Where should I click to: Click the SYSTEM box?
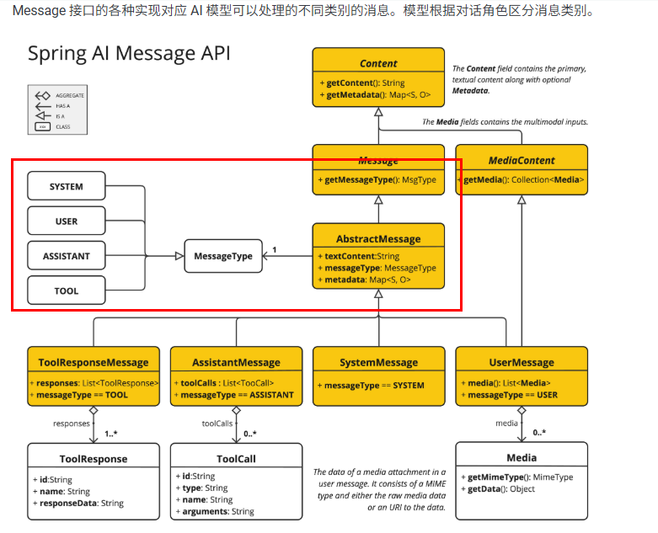click(x=67, y=186)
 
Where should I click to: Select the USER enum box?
click(x=67, y=221)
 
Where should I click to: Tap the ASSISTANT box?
click(x=67, y=256)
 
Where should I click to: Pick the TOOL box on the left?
click(x=67, y=290)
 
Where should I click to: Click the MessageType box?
click(x=222, y=256)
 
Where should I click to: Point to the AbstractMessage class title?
click(x=378, y=238)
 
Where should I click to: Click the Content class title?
click(x=378, y=63)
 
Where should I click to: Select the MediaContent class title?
click(x=522, y=160)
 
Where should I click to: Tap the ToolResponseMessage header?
click(x=94, y=362)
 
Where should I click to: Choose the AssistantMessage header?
click(x=236, y=362)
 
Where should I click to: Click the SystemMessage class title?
click(x=378, y=362)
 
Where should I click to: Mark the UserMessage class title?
click(x=522, y=362)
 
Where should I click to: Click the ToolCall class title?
click(x=236, y=459)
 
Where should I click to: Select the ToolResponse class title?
click(x=94, y=459)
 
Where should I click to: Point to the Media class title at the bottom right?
click(x=522, y=458)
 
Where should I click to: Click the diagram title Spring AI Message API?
click(x=129, y=53)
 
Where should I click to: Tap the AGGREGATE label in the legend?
click(x=70, y=96)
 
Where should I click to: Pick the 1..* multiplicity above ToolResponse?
click(x=111, y=434)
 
